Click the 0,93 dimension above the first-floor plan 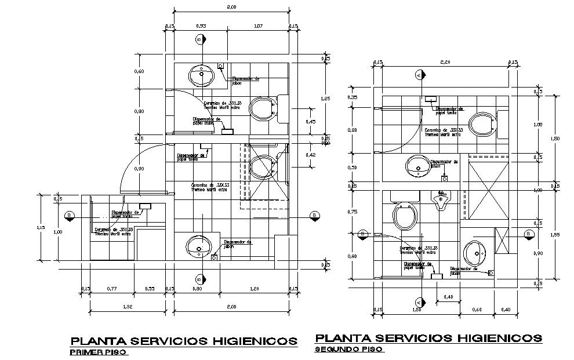pos(201,26)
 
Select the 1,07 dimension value pos(257,26)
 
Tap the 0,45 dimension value pos(311,122)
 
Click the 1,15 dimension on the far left pos(41,227)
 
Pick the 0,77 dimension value pos(112,289)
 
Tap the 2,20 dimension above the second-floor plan pos(445,61)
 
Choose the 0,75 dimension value pos(352,212)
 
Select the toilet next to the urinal pos(404,216)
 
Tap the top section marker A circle pos(419,75)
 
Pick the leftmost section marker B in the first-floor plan pos(70,216)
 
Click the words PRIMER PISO pos(98,352)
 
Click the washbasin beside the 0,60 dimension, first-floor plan pos(201,75)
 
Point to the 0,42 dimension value pos(311,155)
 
